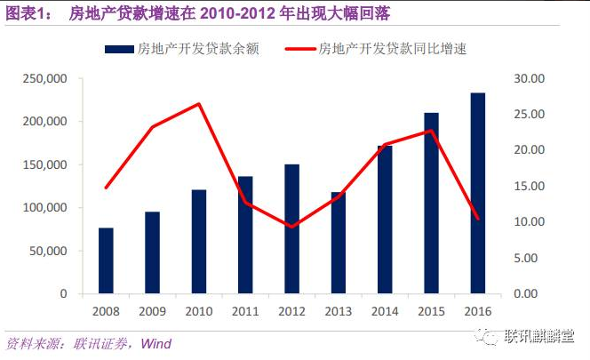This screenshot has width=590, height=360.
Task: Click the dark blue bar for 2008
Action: (106, 260)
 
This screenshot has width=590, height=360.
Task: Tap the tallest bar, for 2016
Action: (477, 193)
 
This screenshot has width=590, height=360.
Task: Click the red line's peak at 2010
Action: (198, 104)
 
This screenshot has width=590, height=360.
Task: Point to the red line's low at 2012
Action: (291, 227)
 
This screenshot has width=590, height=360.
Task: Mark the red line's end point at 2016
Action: (477, 219)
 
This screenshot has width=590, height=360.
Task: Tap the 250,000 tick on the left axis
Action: (44, 79)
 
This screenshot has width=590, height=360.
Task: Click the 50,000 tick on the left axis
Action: (47, 251)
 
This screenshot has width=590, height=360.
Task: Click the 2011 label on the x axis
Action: (244, 312)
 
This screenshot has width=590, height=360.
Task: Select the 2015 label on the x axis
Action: (430, 312)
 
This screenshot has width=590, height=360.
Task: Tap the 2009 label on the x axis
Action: (152, 312)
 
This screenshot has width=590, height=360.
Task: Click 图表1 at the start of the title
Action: (27, 13)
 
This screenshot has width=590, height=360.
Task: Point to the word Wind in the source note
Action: (156, 343)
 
